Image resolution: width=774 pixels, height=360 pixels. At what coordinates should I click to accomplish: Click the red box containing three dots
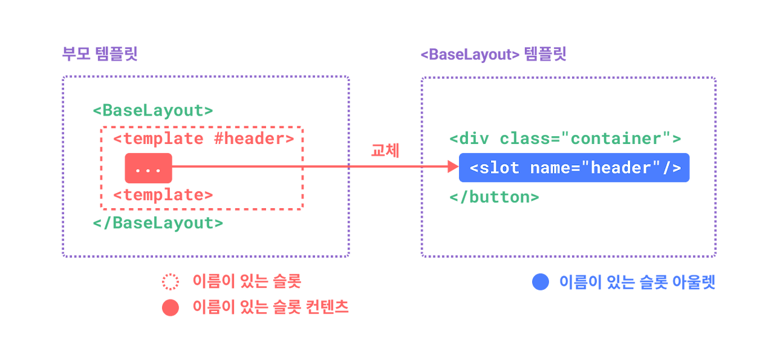pyautogui.click(x=148, y=168)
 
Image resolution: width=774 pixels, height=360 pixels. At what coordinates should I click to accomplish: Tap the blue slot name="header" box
pyautogui.click(x=574, y=168)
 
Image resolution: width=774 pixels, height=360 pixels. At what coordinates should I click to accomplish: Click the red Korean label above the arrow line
pyautogui.click(x=385, y=151)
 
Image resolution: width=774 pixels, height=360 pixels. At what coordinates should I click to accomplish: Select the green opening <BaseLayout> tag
pyautogui.click(x=152, y=111)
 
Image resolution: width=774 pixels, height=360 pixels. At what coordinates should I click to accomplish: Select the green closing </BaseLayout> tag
pyautogui.click(x=157, y=223)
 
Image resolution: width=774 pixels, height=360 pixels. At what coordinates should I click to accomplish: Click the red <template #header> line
pyautogui.click(x=204, y=139)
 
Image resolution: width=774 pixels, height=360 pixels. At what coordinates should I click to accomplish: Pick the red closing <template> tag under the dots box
pyautogui.click(x=163, y=195)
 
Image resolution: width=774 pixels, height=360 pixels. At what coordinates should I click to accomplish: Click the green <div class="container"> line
pyautogui.click(x=565, y=139)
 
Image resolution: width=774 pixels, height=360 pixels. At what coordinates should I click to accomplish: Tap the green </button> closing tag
pyautogui.click(x=494, y=197)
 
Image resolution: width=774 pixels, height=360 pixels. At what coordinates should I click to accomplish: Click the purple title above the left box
pyautogui.click(x=100, y=54)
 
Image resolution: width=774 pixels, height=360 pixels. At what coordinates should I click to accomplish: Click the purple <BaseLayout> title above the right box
pyautogui.click(x=493, y=55)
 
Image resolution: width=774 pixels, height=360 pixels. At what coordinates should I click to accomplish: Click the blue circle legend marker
pyautogui.click(x=540, y=282)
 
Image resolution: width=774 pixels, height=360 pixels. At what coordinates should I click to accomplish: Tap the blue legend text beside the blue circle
pyautogui.click(x=637, y=283)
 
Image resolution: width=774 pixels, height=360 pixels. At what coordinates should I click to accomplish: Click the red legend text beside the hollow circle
pyautogui.click(x=247, y=281)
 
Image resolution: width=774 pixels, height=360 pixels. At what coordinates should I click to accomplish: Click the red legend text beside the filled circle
pyautogui.click(x=270, y=307)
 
